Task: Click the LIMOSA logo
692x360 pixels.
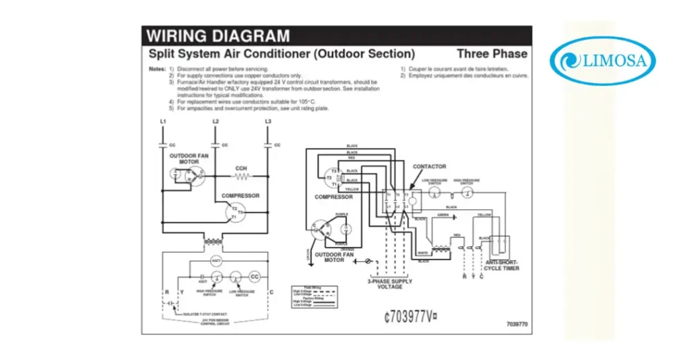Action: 603,60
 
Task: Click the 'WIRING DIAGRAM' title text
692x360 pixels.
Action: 218,36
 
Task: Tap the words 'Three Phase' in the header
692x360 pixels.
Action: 492,53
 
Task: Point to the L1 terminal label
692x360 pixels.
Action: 163,121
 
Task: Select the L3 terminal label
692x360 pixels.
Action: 268,121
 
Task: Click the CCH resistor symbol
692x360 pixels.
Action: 241,177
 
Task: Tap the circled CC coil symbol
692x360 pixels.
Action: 255,277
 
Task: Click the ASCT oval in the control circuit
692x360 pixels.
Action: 216,261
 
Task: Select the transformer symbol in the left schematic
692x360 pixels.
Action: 216,241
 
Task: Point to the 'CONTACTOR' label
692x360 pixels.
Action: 429,166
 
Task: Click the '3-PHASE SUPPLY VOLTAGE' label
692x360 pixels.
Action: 389,284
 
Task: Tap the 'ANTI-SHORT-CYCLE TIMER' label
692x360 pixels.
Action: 501,265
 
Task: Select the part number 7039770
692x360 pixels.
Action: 516,325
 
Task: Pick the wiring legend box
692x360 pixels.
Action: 314,296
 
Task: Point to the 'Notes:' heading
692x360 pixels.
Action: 157,70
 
